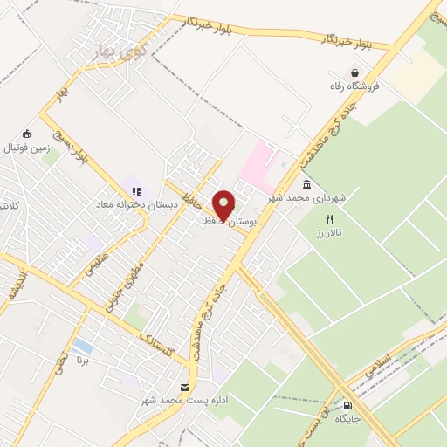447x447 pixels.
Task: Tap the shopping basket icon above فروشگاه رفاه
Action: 356,72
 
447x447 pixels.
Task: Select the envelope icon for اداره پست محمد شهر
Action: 184,388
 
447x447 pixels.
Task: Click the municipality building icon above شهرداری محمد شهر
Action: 306,184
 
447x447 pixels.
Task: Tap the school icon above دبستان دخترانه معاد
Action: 135,191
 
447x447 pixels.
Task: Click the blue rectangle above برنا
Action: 83,347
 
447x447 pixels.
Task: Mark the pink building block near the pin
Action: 259,166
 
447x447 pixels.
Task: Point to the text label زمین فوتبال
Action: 27,148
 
